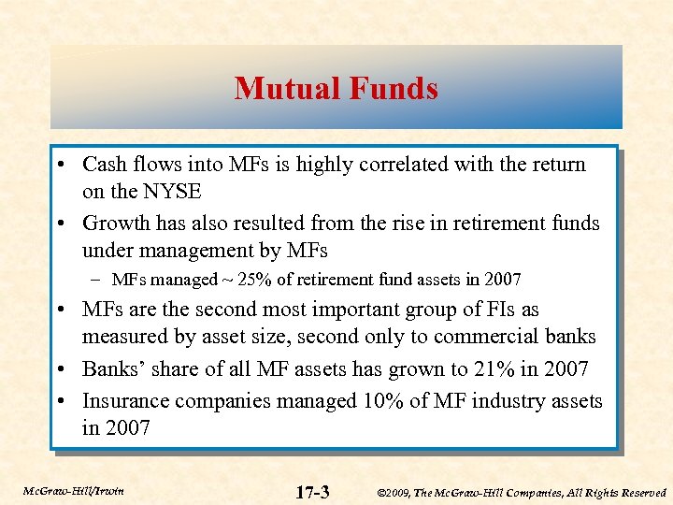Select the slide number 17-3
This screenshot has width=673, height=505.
311,491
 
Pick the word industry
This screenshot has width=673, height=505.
492,401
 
